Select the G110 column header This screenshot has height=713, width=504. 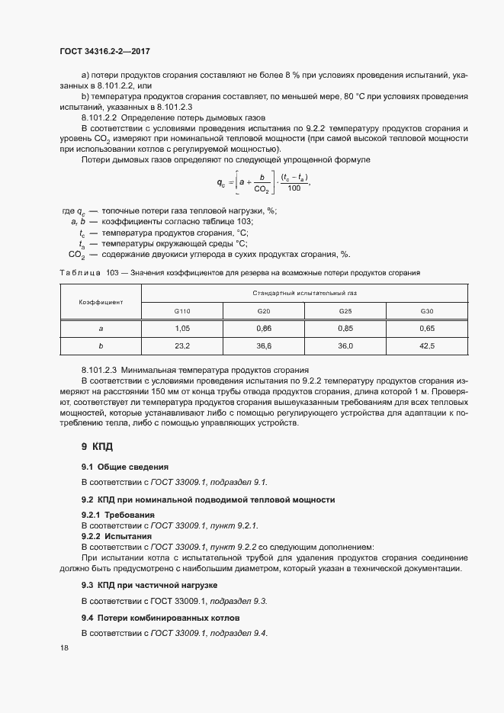[182, 311]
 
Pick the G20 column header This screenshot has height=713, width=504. [264, 311]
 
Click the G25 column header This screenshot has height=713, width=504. [345, 311]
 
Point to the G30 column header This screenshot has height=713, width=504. [427, 311]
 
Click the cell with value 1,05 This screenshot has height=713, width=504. [182, 328]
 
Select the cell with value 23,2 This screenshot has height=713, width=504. [182, 345]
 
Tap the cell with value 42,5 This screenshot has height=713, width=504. [427, 345]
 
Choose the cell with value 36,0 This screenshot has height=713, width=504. [345, 345]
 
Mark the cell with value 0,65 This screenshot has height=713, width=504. [427, 328]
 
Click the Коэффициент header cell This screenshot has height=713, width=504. [101, 302]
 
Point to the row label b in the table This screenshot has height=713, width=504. [101, 345]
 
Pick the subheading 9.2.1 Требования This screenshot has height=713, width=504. [112, 515]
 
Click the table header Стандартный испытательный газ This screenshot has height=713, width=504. [305, 293]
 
